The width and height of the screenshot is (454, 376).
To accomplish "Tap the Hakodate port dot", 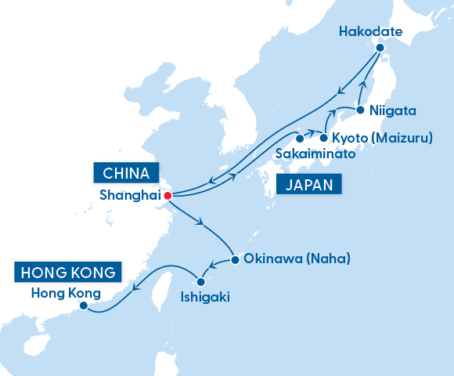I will point(380,48).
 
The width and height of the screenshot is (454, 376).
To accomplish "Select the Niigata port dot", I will point(360,110).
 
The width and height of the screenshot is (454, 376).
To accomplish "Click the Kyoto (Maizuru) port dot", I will point(323,138).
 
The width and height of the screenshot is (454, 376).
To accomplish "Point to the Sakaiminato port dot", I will point(300,139).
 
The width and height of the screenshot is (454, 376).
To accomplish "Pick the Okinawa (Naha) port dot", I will point(234,258).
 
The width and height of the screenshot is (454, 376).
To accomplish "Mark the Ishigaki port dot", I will point(200,282).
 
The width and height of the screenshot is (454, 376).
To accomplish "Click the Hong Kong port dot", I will point(84,306).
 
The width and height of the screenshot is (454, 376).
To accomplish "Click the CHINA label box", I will point(126,172).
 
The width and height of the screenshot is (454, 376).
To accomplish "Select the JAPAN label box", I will point(308,185).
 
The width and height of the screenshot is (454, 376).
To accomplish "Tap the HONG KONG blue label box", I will point(69,273).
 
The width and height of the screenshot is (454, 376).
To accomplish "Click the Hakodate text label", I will point(370,32).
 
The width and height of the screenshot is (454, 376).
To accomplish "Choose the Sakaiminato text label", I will point(315,154).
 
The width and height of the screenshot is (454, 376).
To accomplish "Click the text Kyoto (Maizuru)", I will point(382,138).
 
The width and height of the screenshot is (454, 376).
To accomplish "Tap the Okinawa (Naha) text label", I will point(297,258).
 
